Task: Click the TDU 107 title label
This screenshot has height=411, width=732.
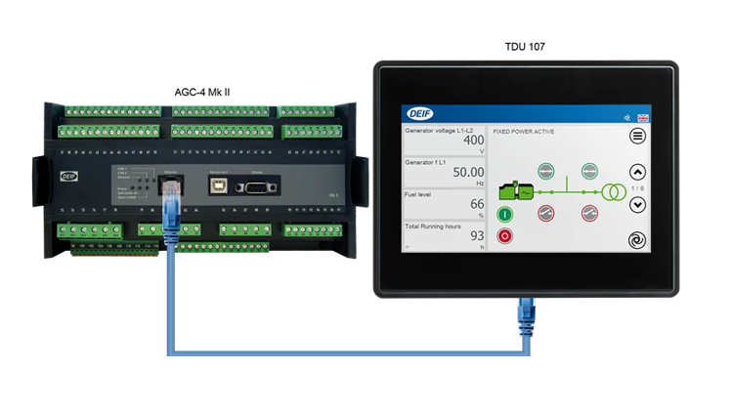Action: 525,47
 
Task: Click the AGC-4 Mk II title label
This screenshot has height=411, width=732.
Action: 207,91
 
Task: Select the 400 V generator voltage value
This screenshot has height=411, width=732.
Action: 473,141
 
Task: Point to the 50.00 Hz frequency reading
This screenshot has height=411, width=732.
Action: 466,171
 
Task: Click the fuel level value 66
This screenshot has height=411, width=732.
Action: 477,204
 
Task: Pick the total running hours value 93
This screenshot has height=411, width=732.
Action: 477,235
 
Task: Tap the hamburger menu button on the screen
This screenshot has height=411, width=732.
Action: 637,136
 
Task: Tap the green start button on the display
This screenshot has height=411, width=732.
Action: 505,214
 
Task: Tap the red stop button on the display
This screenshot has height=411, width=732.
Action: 505,235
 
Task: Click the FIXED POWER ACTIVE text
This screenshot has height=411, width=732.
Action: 524,130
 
